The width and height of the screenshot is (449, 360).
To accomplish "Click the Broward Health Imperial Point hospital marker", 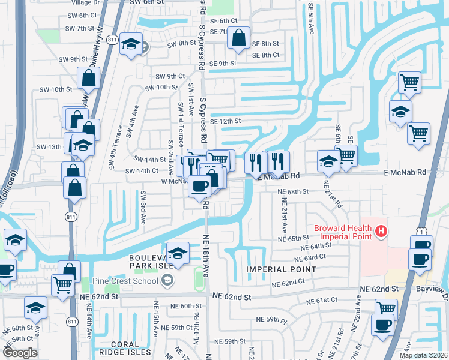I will pyautogui.click(x=380, y=230).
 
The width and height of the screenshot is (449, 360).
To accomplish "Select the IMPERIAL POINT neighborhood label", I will pyautogui.click(x=281, y=269).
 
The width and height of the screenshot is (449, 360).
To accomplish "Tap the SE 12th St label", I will pyautogui.click(x=226, y=121).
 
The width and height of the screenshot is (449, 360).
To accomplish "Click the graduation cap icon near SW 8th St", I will pyautogui.click(x=130, y=44).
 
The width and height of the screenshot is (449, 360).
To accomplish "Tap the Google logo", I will pyautogui.click(x=20, y=353).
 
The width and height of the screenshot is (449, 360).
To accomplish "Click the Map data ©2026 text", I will pyautogui.click(x=424, y=355).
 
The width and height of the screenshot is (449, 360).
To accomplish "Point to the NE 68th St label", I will pyautogui.click(x=294, y=191).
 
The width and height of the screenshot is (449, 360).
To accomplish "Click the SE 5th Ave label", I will pyautogui.click(x=311, y=18).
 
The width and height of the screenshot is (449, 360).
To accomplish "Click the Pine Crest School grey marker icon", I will pyautogui.click(x=167, y=280).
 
